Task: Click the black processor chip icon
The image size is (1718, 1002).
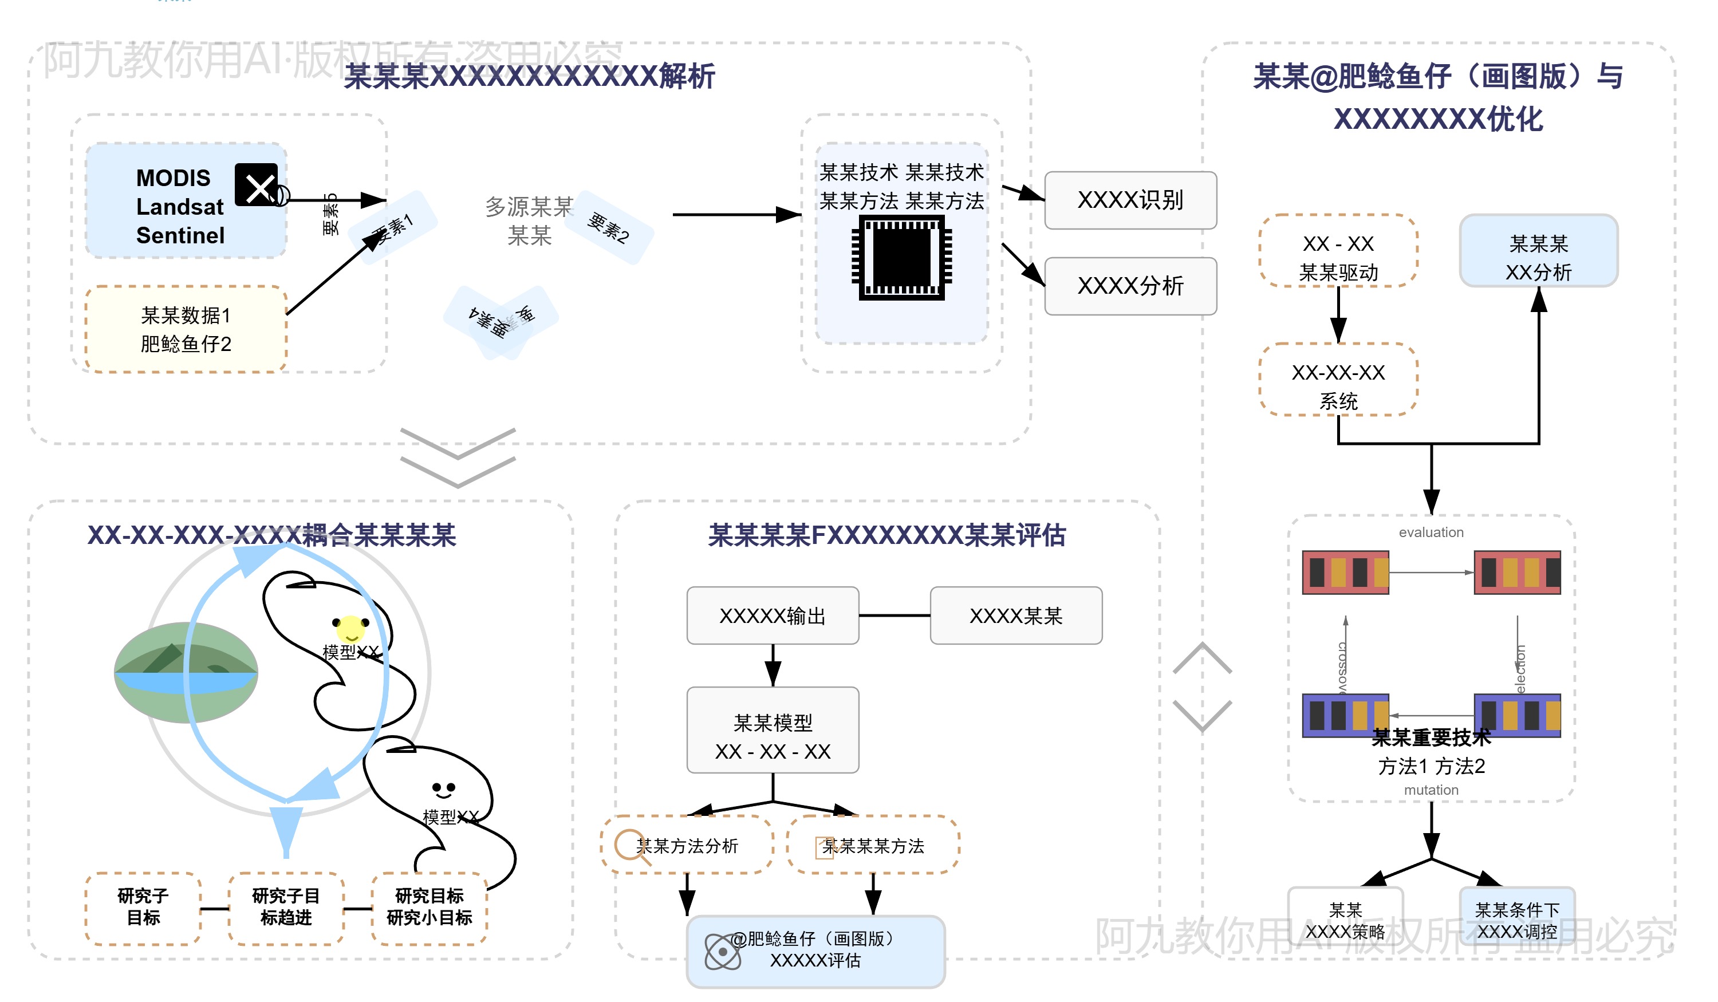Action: tap(901, 258)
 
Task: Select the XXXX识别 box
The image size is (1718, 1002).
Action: tap(1130, 200)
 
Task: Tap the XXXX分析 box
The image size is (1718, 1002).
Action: tap(1130, 286)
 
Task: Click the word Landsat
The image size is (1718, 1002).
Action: tap(179, 207)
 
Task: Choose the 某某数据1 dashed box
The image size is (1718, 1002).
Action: tap(186, 329)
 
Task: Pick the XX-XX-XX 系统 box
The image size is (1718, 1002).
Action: tap(1338, 386)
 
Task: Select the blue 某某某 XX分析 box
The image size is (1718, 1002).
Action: tap(1538, 258)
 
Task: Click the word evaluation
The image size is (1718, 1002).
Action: tap(1431, 532)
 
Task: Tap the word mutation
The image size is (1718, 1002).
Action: tap(1431, 790)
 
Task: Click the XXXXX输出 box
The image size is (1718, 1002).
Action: tap(773, 616)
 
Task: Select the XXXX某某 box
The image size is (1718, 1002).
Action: tap(1016, 616)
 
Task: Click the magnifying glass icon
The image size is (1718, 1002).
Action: tap(631, 846)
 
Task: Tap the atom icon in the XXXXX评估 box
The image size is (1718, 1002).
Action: tap(723, 951)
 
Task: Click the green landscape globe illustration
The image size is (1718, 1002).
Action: tap(186, 672)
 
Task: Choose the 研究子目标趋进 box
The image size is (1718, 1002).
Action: tap(286, 908)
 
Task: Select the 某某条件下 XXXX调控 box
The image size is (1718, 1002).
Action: tap(1516, 920)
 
